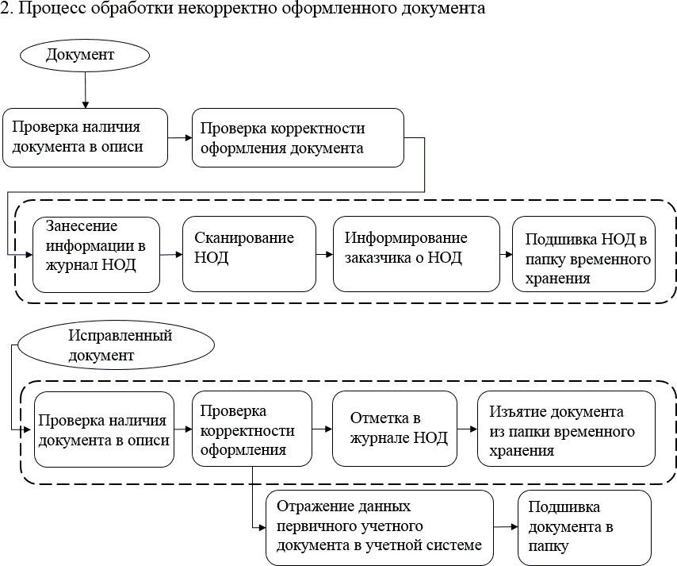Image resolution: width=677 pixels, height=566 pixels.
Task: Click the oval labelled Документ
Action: click(85, 56)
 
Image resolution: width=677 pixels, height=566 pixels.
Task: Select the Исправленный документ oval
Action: click(116, 345)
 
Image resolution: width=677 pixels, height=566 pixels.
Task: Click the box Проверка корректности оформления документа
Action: click(297, 137)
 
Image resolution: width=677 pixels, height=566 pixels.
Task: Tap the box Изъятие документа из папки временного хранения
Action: click(566, 429)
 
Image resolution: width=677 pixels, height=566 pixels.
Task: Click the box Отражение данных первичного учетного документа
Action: click(380, 527)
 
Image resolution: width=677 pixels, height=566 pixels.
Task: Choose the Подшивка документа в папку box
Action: click(583, 527)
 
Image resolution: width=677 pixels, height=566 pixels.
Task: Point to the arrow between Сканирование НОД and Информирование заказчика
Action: click(323, 254)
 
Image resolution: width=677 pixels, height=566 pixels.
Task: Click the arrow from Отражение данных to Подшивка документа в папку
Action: click(505, 526)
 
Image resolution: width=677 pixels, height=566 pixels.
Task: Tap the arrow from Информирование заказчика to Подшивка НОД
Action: click(506, 254)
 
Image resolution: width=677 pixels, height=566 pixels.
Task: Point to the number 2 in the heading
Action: click(5, 9)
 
